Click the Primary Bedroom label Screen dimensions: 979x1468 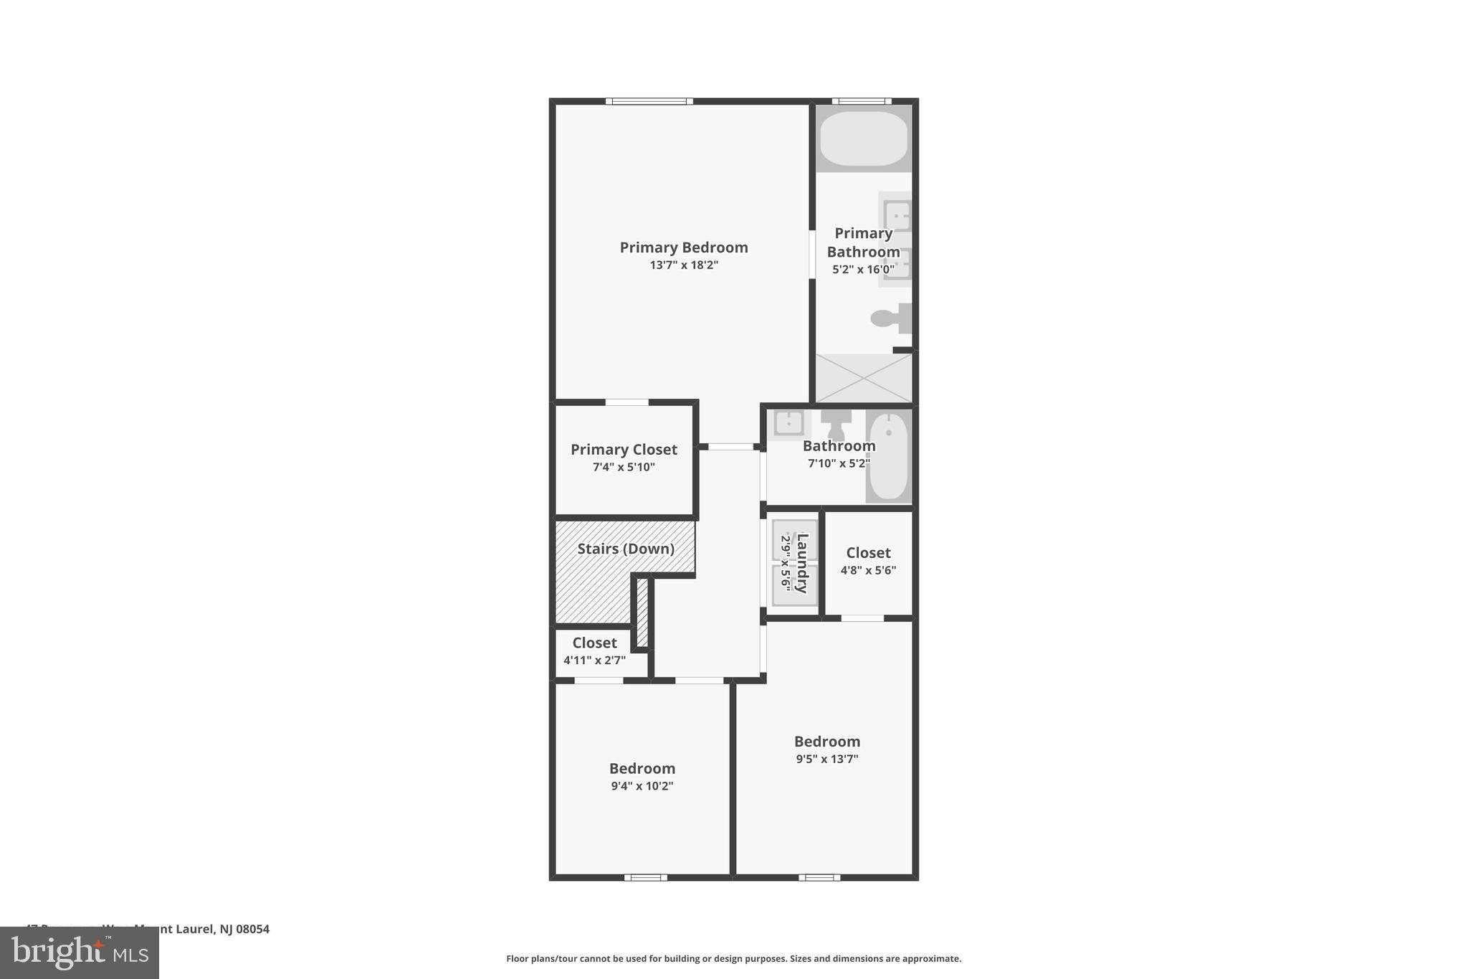683,247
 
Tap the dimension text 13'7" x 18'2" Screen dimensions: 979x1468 683,265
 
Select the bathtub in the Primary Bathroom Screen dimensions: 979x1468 863,138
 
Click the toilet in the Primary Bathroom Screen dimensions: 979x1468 890,318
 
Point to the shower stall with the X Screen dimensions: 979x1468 863,378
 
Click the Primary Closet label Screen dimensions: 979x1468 624,450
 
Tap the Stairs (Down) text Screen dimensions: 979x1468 626,549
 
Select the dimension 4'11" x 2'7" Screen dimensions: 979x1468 594,661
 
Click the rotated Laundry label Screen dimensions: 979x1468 802,563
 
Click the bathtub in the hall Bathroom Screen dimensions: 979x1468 888,456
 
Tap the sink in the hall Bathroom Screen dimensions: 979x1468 788,422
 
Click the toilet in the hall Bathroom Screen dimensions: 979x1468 836,424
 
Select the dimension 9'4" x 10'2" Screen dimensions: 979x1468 642,786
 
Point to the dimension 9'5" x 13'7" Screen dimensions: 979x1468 826,759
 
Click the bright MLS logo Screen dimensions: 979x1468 79,953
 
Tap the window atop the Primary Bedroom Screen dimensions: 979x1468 649,101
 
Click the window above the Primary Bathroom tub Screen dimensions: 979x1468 862,101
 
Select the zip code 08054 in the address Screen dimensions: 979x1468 253,929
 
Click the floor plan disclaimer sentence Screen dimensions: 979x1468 733,958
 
